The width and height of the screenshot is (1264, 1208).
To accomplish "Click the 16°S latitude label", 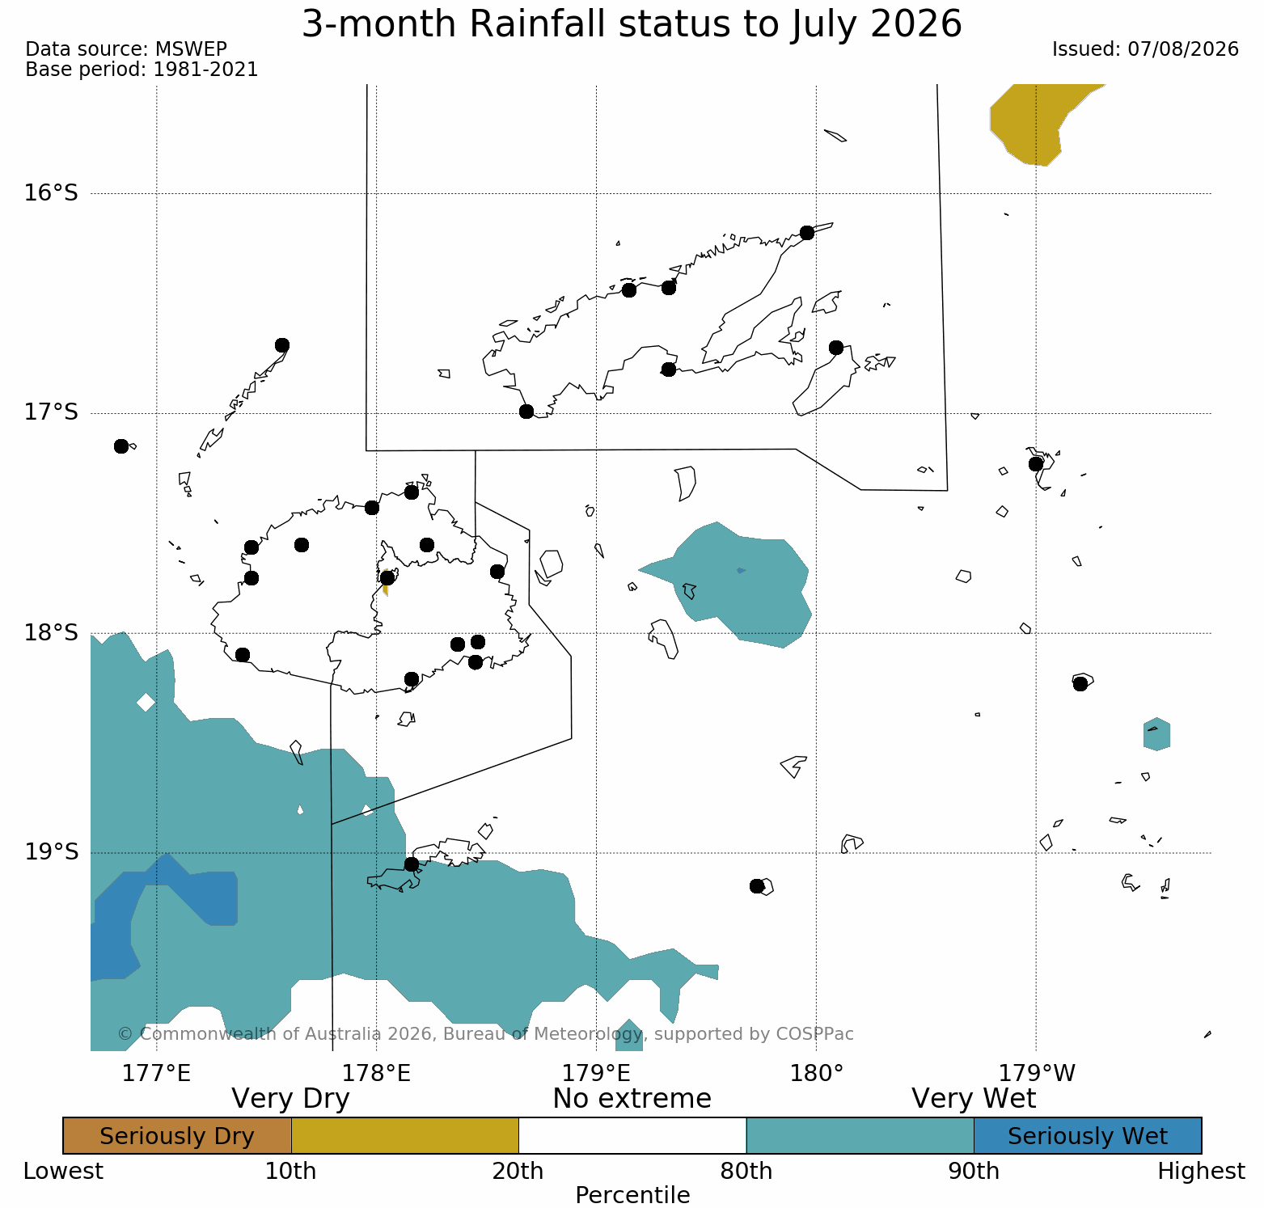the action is pyautogui.click(x=51, y=193).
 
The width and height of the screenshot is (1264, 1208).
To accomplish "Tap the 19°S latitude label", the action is pyautogui.click(x=51, y=852).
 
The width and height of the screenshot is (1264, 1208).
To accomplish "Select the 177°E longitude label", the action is pyautogui.click(x=157, y=1074).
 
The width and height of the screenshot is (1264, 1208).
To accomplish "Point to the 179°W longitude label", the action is pyautogui.click(x=1038, y=1074).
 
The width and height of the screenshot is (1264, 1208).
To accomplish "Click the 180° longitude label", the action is pyautogui.click(x=817, y=1074).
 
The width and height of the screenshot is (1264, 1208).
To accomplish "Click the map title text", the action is pyautogui.click(x=632, y=24).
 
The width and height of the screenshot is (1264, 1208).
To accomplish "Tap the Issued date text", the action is pyautogui.click(x=1145, y=49).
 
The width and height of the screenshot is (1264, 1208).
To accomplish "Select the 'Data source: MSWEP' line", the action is pyautogui.click(x=126, y=49).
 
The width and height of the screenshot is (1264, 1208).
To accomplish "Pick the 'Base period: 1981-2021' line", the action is pyautogui.click(x=142, y=70).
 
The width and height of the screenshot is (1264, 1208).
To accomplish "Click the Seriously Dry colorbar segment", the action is pyautogui.click(x=177, y=1136).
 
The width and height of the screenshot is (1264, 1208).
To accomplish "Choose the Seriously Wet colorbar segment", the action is pyautogui.click(x=1088, y=1136).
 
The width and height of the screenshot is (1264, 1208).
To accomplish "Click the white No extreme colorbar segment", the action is pyautogui.click(x=632, y=1136).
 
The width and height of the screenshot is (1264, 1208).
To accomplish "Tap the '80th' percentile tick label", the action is pyautogui.click(x=746, y=1172).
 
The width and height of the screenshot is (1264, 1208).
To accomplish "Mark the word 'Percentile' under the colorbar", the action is pyautogui.click(x=632, y=1195).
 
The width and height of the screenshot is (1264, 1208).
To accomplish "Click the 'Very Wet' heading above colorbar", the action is pyautogui.click(x=974, y=1099).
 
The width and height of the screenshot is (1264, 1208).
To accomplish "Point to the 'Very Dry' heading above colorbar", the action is pyautogui.click(x=290, y=1099).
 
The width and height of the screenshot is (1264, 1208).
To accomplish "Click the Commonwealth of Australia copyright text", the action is pyautogui.click(x=485, y=1034).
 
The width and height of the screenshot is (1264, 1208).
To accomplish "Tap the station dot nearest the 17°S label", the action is pyautogui.click(x=121, y=446).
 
